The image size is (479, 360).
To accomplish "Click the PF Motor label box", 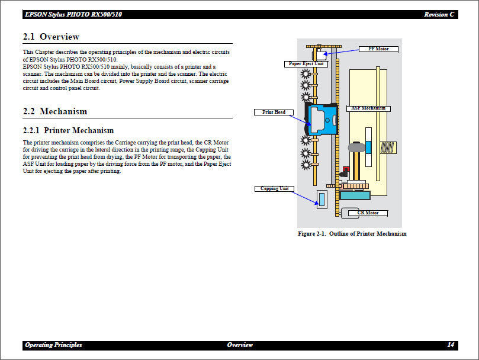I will (379, 49).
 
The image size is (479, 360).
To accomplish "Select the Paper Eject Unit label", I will (306, 64).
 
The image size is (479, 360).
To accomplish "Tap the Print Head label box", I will (274, 112).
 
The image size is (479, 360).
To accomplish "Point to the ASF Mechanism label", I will (368, 108).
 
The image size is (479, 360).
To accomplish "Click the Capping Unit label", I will (275, 189).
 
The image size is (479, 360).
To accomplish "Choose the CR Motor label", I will (368, 213).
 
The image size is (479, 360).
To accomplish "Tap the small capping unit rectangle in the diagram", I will (322, 199).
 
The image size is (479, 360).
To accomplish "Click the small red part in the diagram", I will (345, 169).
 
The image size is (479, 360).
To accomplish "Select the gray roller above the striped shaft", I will (357, 146).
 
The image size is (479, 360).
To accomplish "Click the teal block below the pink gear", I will (354, 195).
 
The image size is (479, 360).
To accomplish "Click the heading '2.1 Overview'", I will (51, 37).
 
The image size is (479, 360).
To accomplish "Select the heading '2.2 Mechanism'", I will (54, 111).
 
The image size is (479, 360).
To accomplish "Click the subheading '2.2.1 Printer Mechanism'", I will (68, 130).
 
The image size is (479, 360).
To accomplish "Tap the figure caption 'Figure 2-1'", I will (352, 234).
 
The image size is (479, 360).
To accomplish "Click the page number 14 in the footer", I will (451, 345).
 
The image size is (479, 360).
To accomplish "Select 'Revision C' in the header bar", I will (439, 15).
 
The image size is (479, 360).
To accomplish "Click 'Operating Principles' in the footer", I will (53, 345).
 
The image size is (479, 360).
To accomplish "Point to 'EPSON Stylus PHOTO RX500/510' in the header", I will (73, 15).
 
